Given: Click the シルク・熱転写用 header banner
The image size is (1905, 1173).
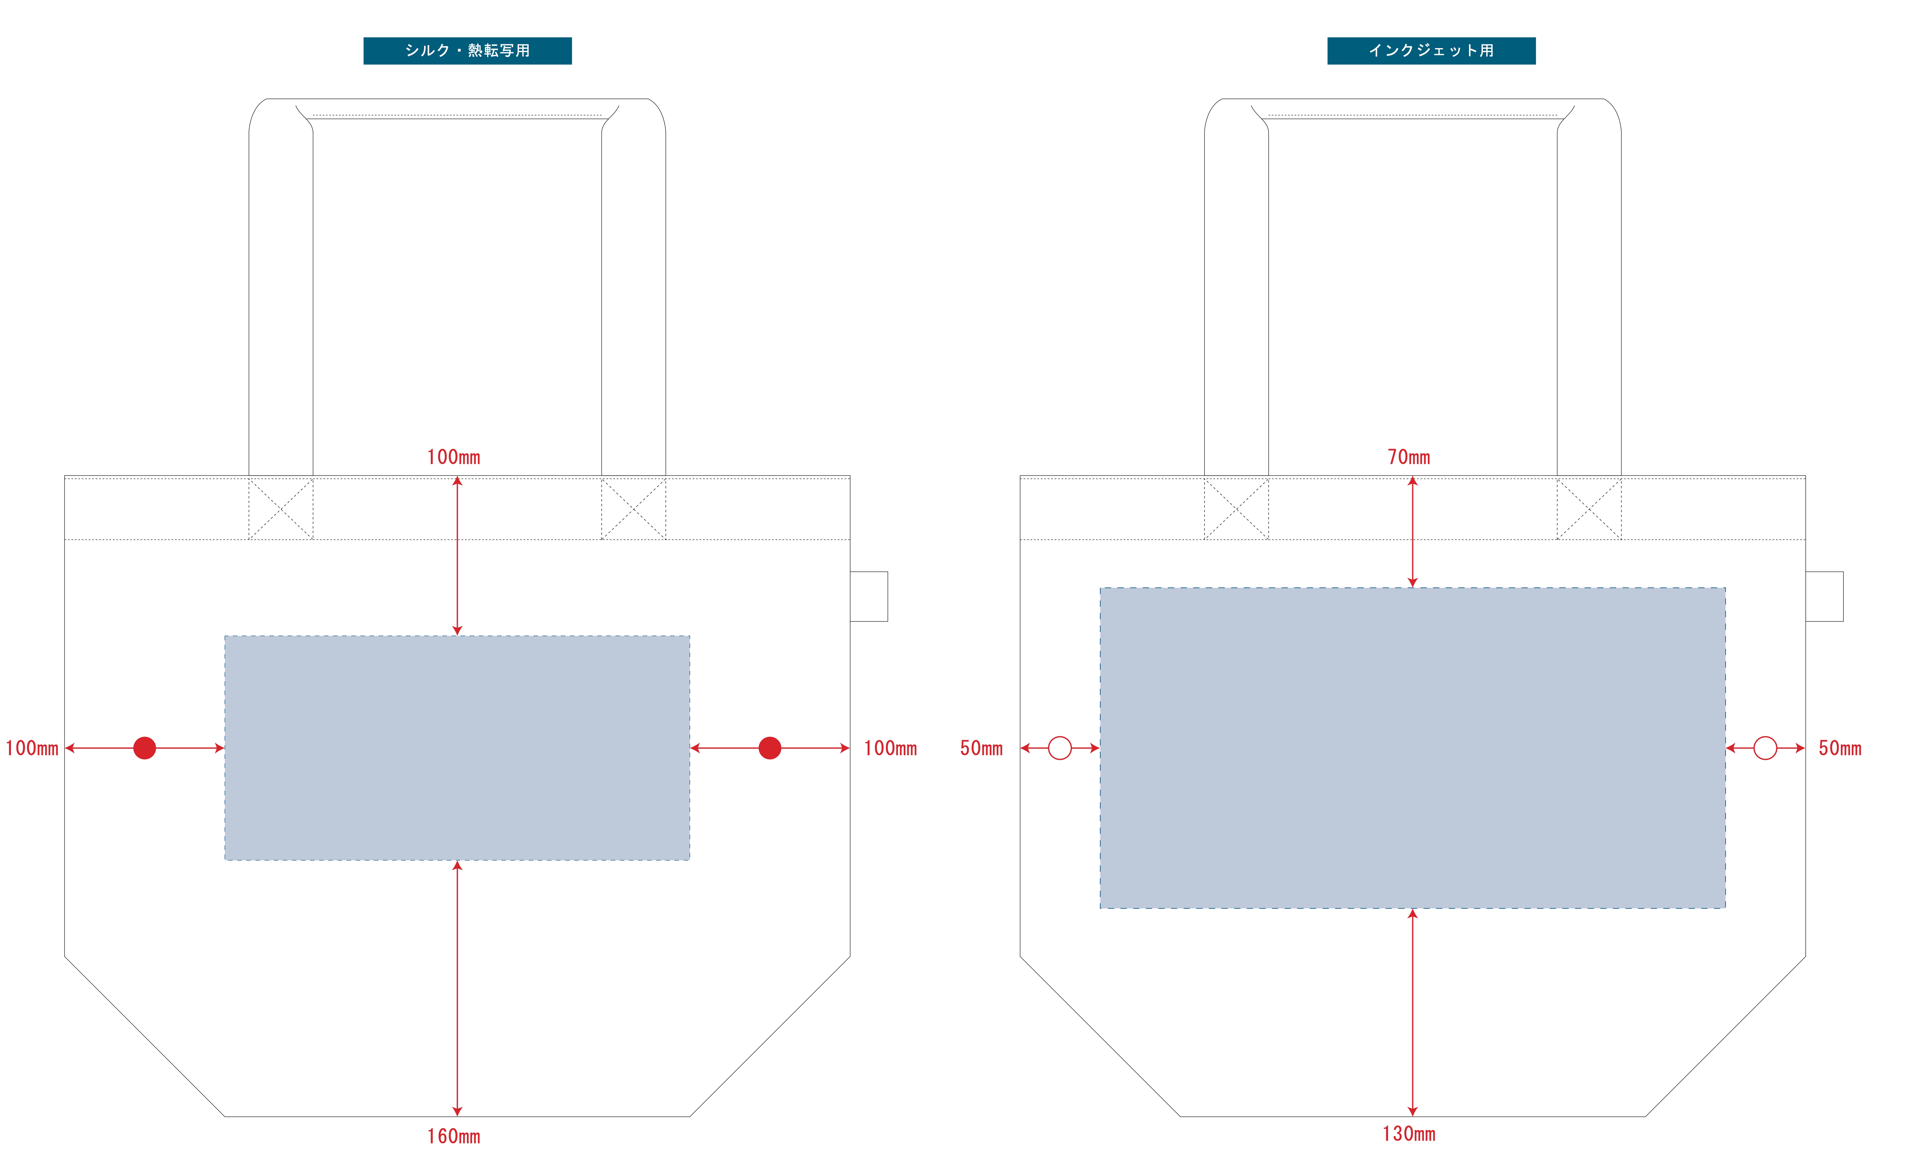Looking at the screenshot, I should [x=467, y=50].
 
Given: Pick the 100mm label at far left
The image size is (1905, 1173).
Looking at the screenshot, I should [x=32, y=749].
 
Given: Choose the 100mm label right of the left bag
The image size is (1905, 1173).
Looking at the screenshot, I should [x=890, y=749].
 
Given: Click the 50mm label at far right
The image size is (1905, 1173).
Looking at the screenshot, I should [x=1840, y=749].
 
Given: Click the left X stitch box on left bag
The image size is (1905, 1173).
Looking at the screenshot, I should [x=281, y=509].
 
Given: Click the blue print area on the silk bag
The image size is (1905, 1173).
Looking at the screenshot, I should [x=457, y=748].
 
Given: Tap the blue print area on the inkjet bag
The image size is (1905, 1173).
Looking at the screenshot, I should [x=1412, y=748].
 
